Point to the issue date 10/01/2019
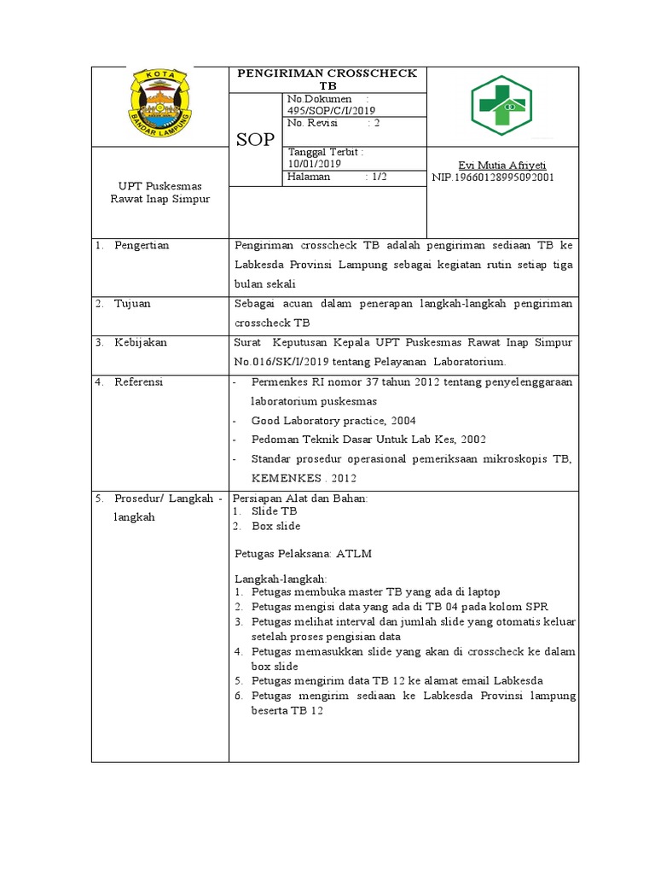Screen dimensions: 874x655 (x=315, y=163)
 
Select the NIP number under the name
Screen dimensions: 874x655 (x=493, y=178)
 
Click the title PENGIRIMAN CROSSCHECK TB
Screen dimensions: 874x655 (x=328, y=79)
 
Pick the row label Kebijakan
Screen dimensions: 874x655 (x=141, y=342)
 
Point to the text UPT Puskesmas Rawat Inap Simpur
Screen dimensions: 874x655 (x=159, y=192)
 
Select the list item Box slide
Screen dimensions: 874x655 (x=275, y=527)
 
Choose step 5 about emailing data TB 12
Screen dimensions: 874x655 (x=397, y=680)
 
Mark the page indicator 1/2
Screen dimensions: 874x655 (x=376, y=177)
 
